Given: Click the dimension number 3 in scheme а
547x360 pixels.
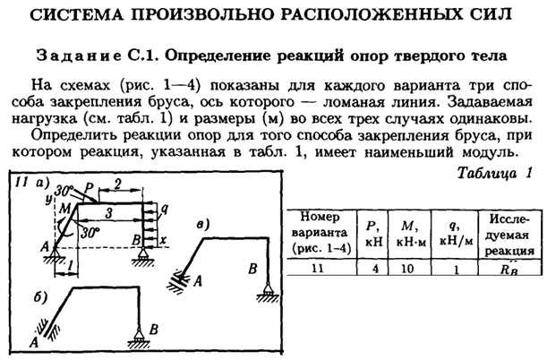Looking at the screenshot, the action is pyautogui.click(x=108, y=213).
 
